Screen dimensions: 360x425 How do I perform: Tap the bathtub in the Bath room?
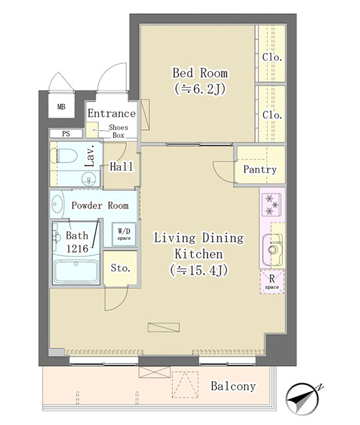[76, 271]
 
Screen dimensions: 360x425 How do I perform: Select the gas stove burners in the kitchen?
[272, 204]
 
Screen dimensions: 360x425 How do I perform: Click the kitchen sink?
[273, 250]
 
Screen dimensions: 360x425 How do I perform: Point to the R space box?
[272, 282]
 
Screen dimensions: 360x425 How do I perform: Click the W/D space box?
[124, 234]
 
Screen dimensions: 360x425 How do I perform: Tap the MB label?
[62, 107]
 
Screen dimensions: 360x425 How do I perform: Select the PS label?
[66, 133]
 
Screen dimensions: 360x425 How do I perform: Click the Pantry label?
[260, 170]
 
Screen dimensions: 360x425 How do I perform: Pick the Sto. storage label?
[120, 268]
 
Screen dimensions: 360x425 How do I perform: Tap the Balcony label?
[233, 386]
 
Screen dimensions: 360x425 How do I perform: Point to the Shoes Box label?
[118, 131]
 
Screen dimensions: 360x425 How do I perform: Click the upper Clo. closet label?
[272, 57]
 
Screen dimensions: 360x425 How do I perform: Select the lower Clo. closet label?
[272, 115]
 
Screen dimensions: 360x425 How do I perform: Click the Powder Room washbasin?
[57, 204]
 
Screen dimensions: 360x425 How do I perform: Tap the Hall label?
[121, 167]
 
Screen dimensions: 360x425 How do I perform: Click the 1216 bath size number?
[77, 248]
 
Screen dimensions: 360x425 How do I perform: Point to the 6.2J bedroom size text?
[200, 89]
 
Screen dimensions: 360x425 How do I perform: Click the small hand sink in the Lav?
[89, 179]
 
